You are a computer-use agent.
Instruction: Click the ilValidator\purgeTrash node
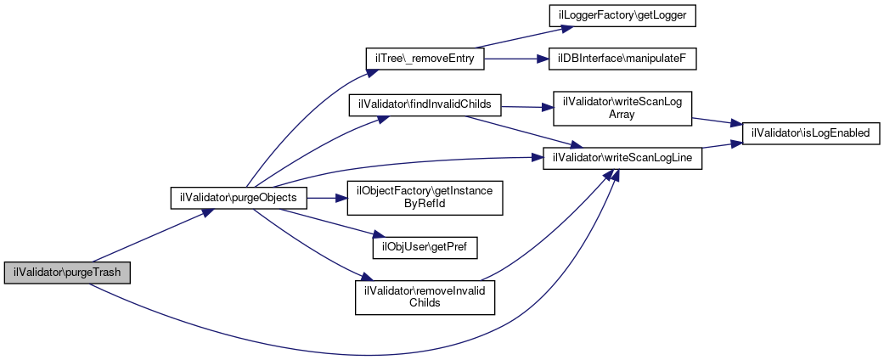(67, 273)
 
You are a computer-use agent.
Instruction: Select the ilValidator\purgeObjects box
(239, 198)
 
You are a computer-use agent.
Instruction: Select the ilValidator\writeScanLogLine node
(622, 158)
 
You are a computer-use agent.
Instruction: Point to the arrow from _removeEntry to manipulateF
(510, 59)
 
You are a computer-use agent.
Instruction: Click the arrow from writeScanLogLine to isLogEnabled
(722, 148)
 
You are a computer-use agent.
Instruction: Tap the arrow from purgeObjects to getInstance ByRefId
(328, 198)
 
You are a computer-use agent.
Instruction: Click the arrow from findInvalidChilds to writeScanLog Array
(527, 107)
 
